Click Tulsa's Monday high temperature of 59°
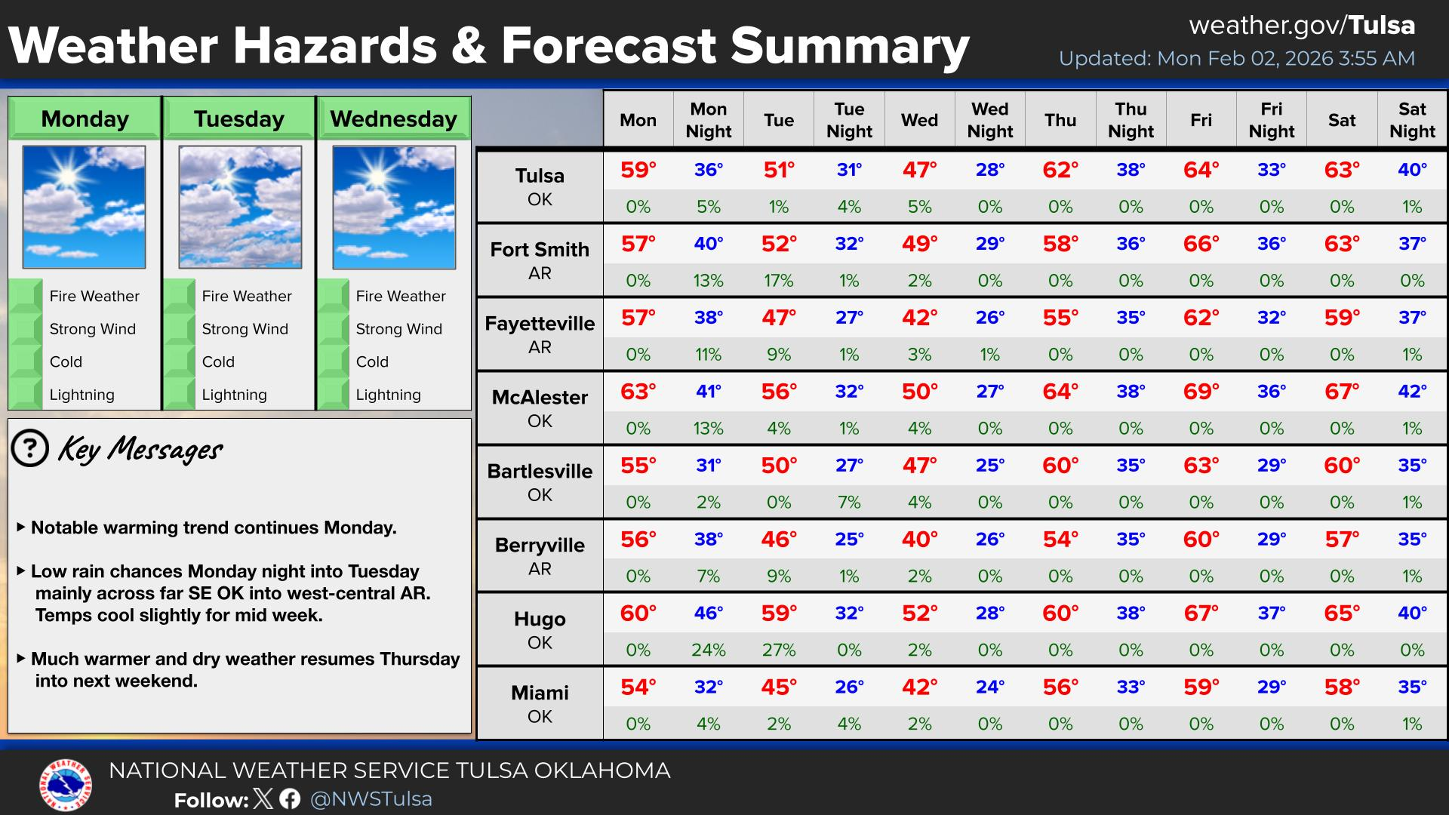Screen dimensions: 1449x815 click(638, 170)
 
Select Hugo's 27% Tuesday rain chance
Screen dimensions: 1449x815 click(779, 650)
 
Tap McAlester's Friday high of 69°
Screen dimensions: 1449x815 click(1201, 392)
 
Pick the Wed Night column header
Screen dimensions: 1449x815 click(990, 120)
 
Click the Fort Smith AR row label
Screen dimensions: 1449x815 click(540, 260)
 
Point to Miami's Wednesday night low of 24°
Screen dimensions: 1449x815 click(990, 687)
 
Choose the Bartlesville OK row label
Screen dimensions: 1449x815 click(540, 482)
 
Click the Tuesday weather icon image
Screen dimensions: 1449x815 click(240, 207)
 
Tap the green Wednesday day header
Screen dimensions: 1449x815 click(394, 118)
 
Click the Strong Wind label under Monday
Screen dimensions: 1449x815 click(93, 329)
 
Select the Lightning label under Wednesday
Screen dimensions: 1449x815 click(389, 395)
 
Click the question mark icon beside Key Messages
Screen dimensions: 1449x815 click(30, 449)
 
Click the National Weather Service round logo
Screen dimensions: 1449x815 click(66, 784)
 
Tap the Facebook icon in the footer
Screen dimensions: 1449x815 click(290, 798)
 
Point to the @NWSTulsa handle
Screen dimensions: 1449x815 click(371, 799)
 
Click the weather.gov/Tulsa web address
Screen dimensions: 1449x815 click(1302, 26)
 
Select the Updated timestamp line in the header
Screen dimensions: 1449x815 click(1237, 58)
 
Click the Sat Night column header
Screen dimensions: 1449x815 click(1412, 120)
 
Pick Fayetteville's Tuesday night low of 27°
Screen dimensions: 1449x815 click(849, 318)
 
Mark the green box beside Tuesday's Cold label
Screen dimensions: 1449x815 click(180, 361)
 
